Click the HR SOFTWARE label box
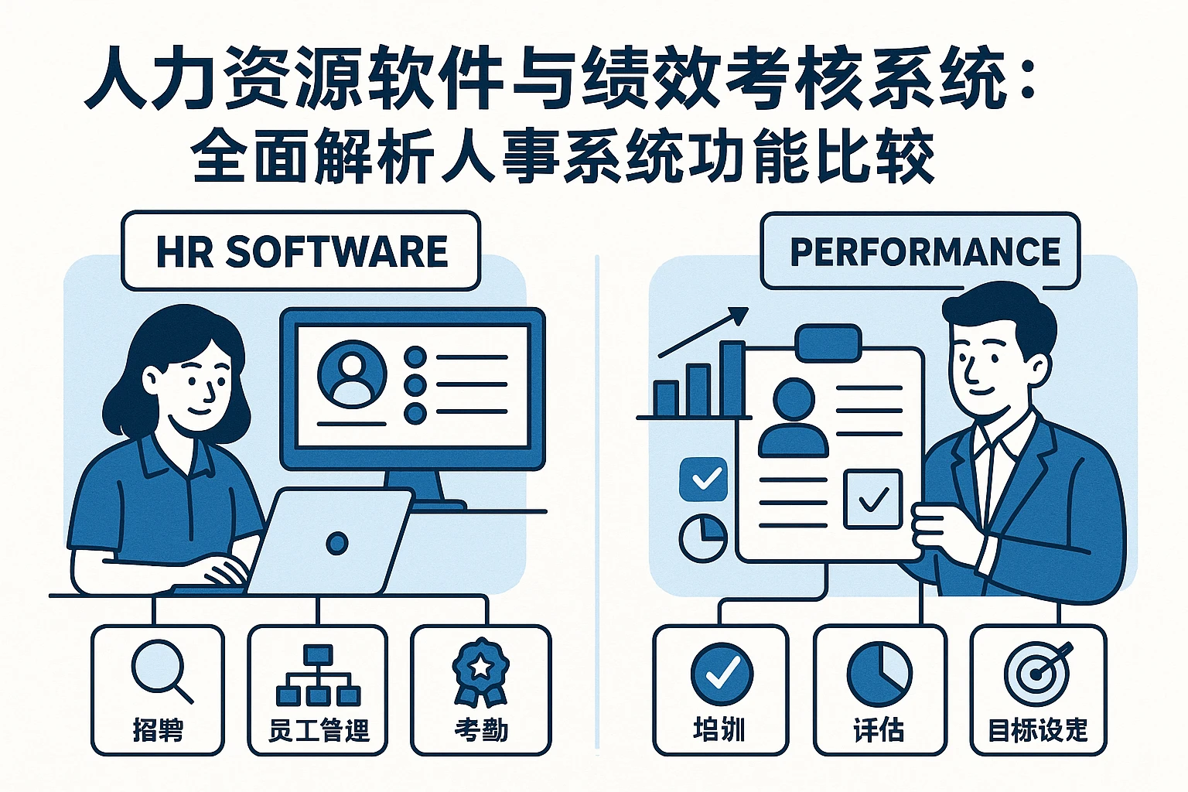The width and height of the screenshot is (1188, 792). (301, 251)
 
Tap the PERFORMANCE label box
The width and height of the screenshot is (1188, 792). (920, 251)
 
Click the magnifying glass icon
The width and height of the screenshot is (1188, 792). (160, 670)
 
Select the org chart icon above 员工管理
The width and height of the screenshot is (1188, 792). (318, 675)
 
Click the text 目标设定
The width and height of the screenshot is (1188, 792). (1038, 730)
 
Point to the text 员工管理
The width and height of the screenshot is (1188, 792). (319, 730)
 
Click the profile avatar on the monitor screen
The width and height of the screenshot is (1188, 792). (352, 375)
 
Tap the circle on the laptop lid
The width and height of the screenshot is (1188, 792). (337, 543)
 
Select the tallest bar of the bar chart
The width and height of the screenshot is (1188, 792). (732, 379)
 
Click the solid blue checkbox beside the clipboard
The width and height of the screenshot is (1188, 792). (703, 479)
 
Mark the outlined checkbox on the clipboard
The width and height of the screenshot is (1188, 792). (872, 499)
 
